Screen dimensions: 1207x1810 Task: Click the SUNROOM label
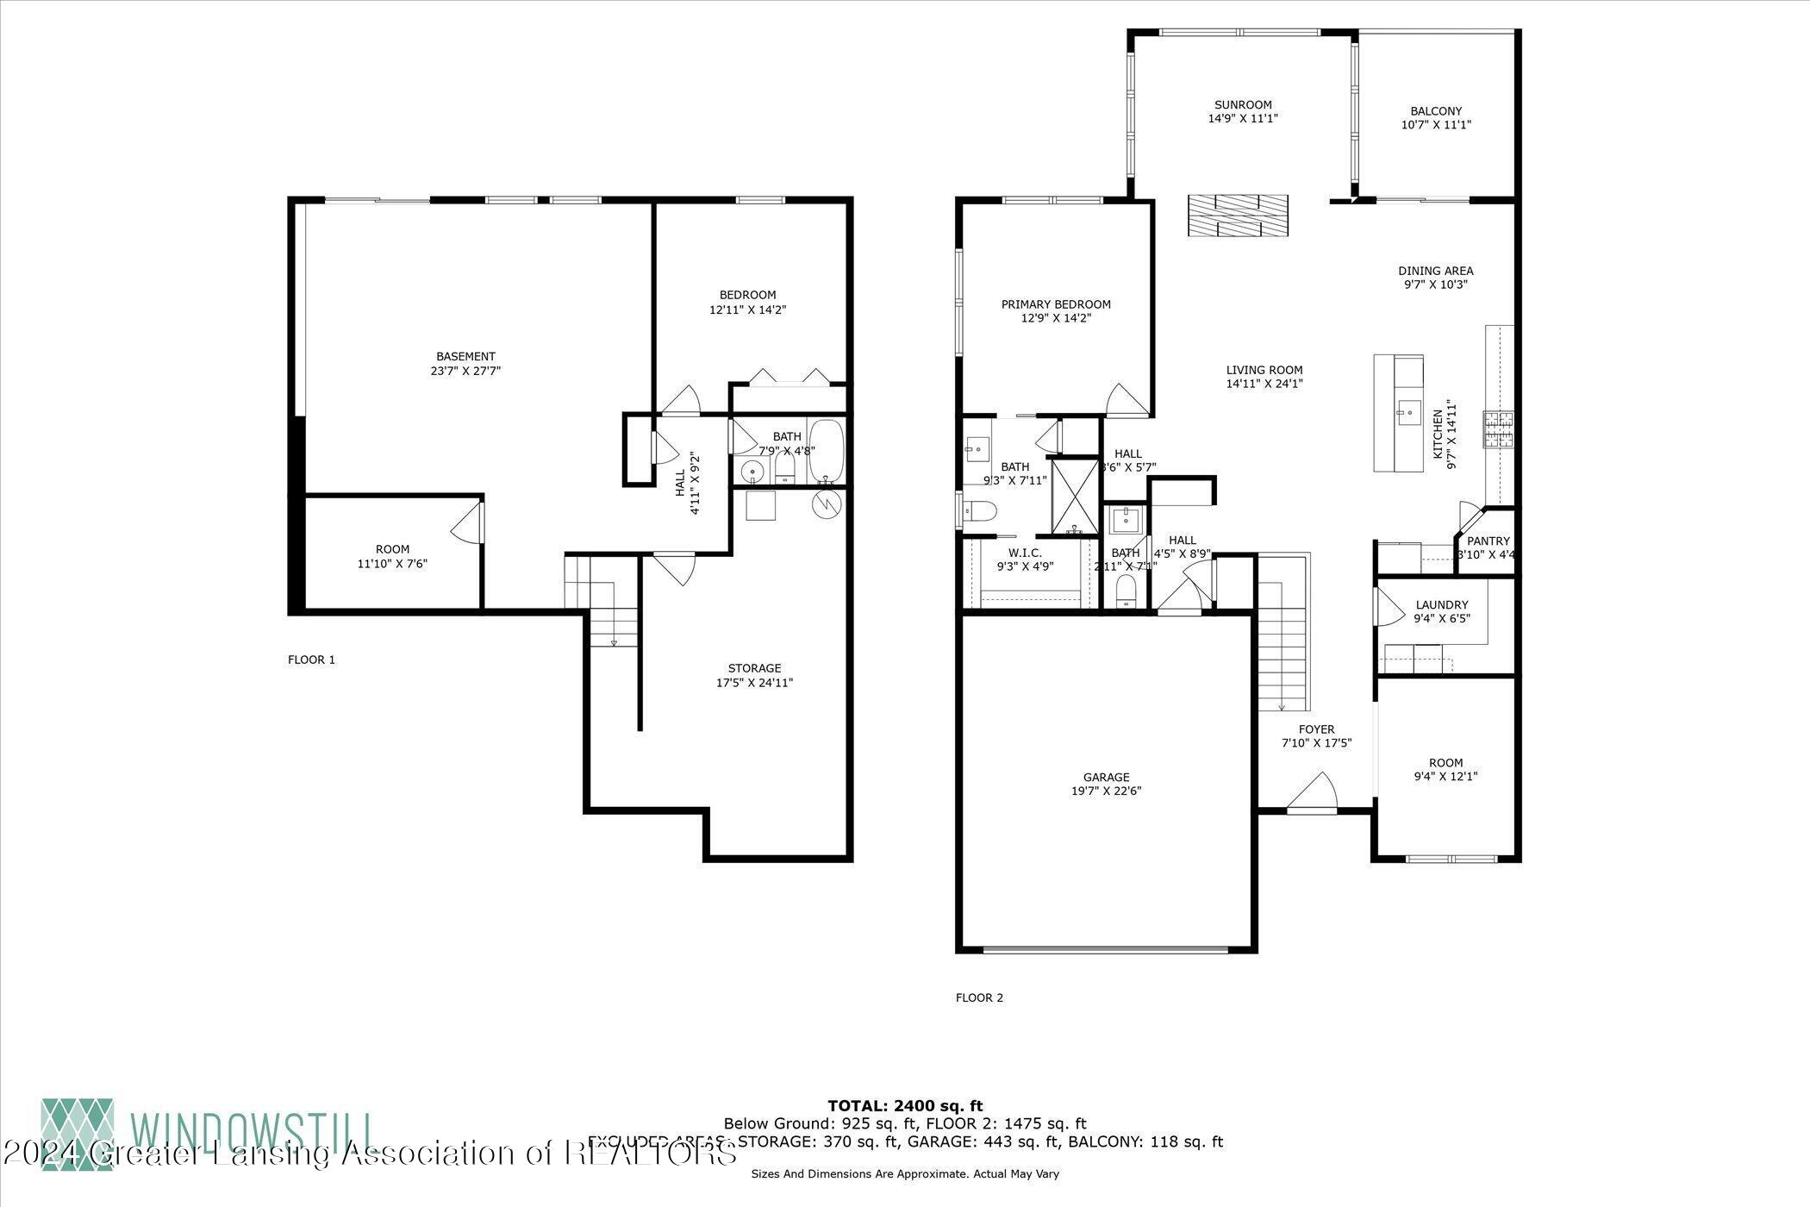tap(1242, 105)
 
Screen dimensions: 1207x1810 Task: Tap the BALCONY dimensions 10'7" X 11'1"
tap(1436, 125)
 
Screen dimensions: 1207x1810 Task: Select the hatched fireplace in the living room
tap(1238, 216)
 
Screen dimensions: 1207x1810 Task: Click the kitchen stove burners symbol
tap(1498, 429)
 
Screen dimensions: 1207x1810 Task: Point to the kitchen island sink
tap(1408, 414)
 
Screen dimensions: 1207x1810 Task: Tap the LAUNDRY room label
tap(1441, 605)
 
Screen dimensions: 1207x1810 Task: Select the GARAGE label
tap(1107, 777)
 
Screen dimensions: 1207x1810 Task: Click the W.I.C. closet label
tap(1025, 553)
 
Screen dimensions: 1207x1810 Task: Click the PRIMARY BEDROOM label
tap(1056, 304)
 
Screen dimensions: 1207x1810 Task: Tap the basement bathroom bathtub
tap(826, 452)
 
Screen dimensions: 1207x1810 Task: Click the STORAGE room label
tap(754, 668)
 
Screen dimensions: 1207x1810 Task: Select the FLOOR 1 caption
tap(311, 660)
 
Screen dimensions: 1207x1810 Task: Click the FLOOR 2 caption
tap(979, 998)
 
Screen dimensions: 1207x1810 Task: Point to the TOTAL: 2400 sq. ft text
tap(904, 1106)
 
